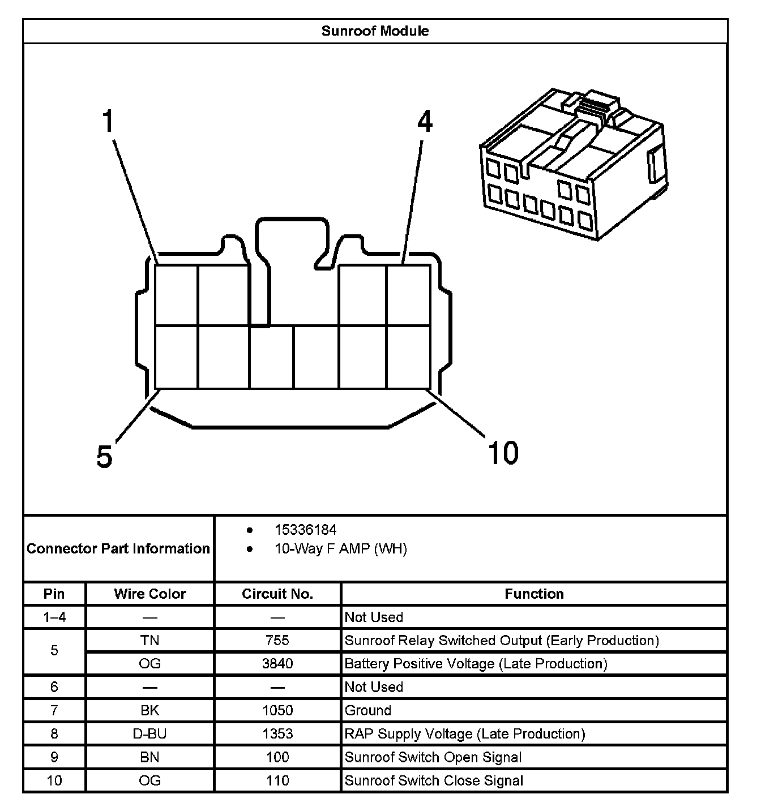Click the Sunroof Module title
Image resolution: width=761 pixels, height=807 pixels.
pos(375,31)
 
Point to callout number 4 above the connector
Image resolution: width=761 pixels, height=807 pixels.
pos(425,122)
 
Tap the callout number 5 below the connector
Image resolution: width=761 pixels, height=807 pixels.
pos(105,456)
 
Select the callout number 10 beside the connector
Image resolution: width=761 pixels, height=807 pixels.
pos(503,453)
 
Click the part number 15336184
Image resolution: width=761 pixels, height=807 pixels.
pos(305,530)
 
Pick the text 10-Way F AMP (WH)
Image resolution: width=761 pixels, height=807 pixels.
pos(340,549)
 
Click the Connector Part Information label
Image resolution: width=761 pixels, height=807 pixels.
pos(118,549)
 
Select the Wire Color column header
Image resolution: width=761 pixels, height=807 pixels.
pos(150,594)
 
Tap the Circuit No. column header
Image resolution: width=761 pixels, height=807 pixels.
pos(277,594)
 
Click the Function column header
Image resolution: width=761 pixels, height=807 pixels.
pos(534,594)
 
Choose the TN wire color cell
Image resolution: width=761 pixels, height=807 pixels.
pos(150,641)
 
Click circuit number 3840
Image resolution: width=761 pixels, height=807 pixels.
pos(277,664)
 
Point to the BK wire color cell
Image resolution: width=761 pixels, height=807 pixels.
pos(150,711)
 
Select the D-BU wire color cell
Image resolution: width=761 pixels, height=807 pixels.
pos(150,734)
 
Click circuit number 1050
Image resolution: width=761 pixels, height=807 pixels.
pos(277,711)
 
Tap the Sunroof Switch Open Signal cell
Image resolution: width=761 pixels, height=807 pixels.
pos(433,758)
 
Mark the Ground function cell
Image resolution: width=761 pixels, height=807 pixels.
pos(368,711)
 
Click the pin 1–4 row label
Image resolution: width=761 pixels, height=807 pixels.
pos(54,617)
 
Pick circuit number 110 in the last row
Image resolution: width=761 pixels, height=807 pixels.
pos(277,781)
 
